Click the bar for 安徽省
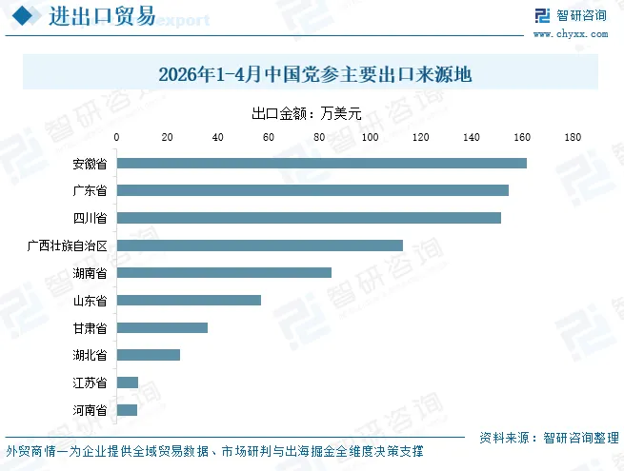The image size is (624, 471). coord(322,163)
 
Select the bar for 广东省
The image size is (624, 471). coord(312,190)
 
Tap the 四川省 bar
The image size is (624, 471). coord(309,218)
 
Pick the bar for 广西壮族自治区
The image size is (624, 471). coord(259,245)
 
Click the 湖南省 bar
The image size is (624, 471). coord(224,273)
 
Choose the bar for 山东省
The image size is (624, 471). coord(189,300)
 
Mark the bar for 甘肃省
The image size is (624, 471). coord(162,327)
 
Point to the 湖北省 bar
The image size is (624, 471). coord(148,355)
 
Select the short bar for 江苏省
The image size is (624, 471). coord(128,383)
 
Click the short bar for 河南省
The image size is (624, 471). coord(127,410)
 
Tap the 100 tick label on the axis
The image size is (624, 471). coord(370,137)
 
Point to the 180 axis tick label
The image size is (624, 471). coord(573,137)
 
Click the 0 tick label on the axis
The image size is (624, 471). coord(116,137)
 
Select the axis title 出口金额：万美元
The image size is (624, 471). coord(307,113)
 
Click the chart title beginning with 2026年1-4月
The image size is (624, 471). coord(315,74)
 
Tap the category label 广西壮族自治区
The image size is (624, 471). coord(68,245)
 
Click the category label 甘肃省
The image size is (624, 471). coord(90,328)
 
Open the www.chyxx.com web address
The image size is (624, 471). coord(571,34)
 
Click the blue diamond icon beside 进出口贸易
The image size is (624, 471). coord(22,16)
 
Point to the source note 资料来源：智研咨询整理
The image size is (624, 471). coord(549,438)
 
